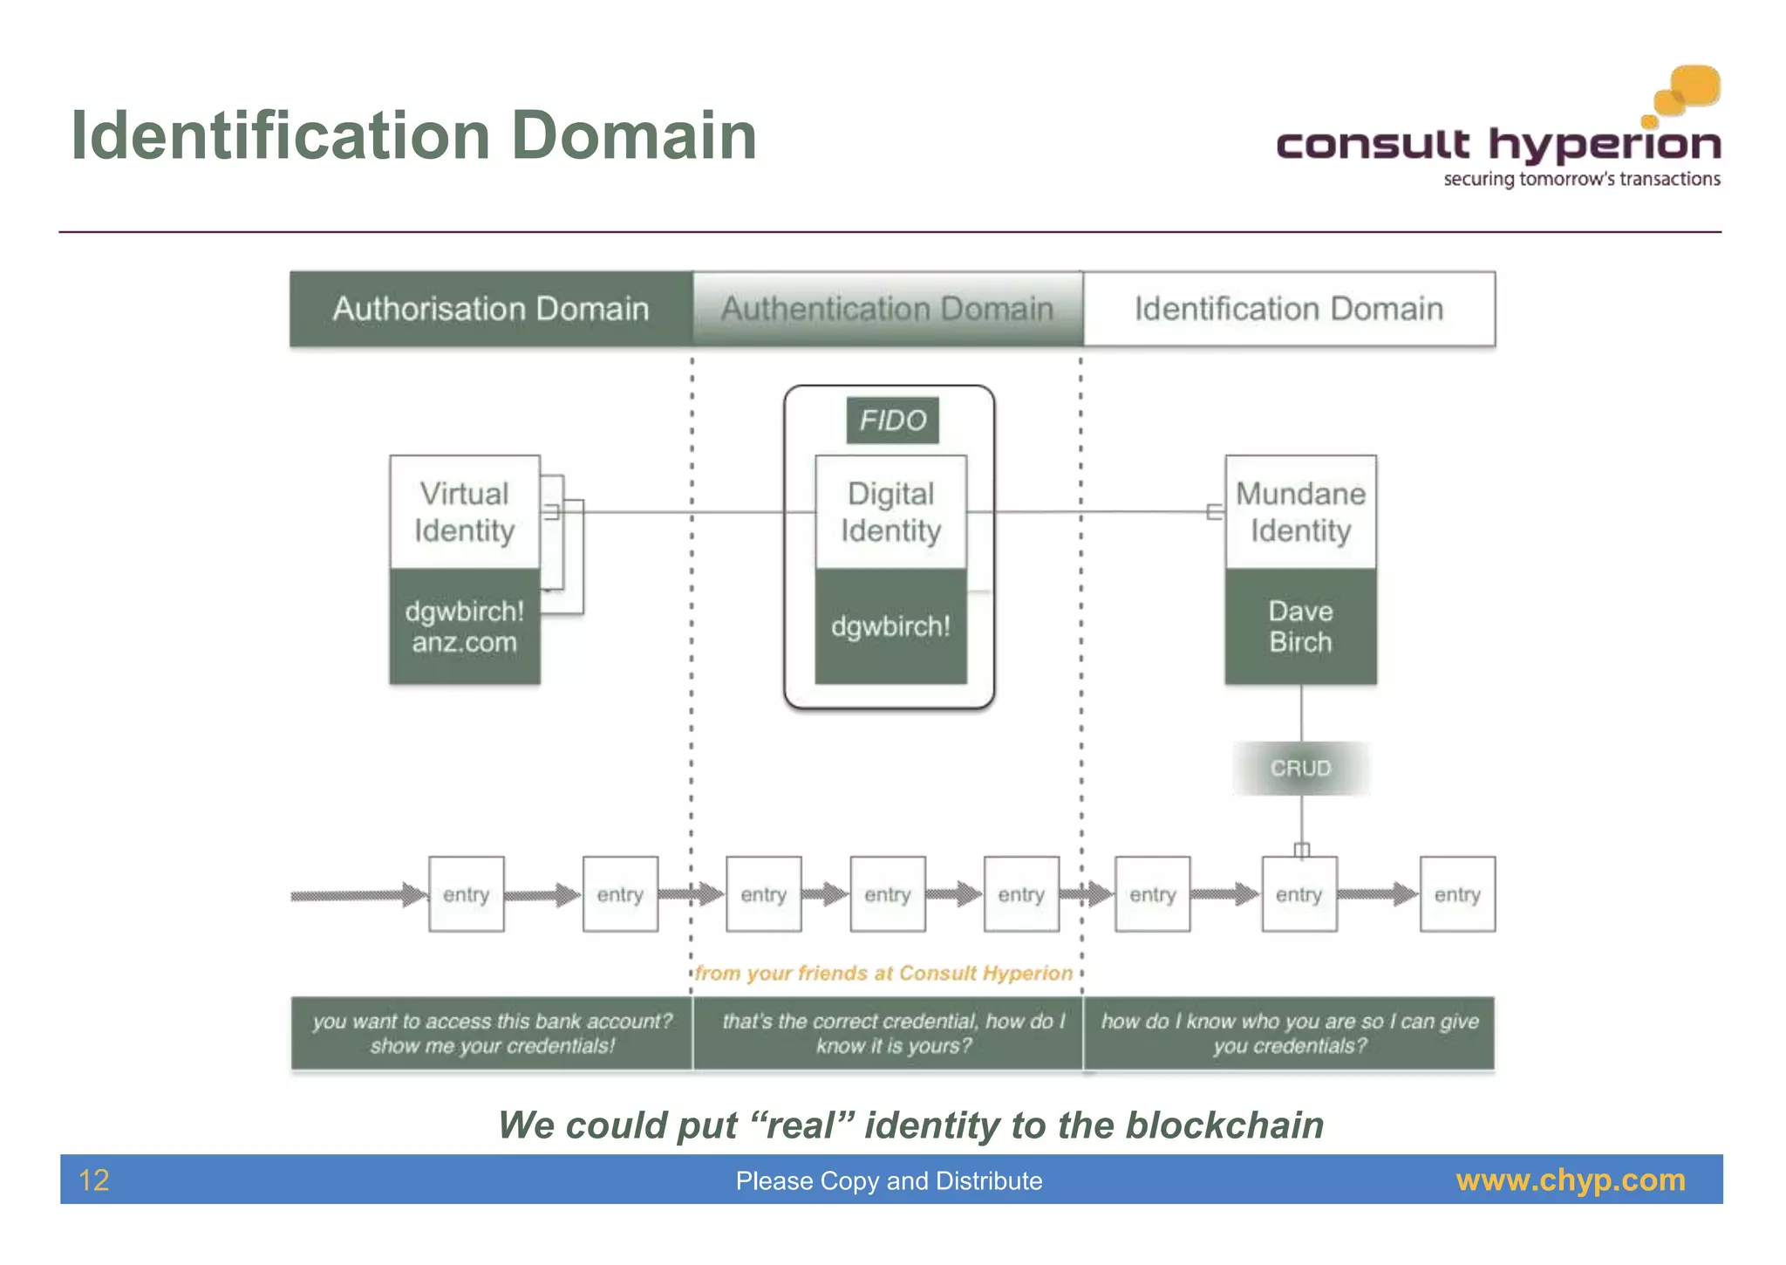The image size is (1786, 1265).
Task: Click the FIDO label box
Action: click(x=892, y=421)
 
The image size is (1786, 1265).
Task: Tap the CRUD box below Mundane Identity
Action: click(x=1300, y=768)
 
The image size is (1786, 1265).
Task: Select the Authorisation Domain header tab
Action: click(x=491, y=309)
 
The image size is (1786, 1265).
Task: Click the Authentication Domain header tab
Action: click(x=887, y=309)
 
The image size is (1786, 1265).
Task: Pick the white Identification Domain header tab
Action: click(x=1289, y=309)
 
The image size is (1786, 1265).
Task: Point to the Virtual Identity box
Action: click(x=464, y=512)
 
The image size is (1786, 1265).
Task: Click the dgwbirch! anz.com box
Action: click(x=464, y=626)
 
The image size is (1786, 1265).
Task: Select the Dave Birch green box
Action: click(x=1300, y=626)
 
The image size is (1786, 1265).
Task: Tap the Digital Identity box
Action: click(x=890, y=512)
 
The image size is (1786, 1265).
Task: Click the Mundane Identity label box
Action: click(x=1300, y=512)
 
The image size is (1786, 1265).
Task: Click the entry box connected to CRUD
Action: click(x=1299, y=894)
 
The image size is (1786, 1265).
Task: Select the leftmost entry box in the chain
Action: click(x=466, y=894)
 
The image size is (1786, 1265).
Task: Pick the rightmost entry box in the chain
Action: click(x=1457, y=894)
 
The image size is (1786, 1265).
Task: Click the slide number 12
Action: click(x=94, y=1180)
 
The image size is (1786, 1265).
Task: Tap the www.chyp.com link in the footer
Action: click(x=1571, y=1180)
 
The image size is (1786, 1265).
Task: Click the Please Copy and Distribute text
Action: click(x=889, y=1181)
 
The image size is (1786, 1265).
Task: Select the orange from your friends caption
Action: click(x=883, y=974)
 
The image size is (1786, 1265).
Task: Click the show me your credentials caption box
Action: click(x=492, y=1034)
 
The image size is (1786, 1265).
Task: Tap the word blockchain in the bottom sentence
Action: click(x=1224, y=1125)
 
